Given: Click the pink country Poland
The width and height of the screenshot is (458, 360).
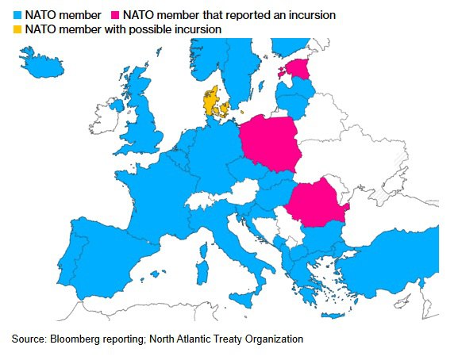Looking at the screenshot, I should (270, 143).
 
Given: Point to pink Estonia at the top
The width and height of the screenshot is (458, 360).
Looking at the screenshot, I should (300, 69).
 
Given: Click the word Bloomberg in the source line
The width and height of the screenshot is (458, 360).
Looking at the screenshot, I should (75, 339).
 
